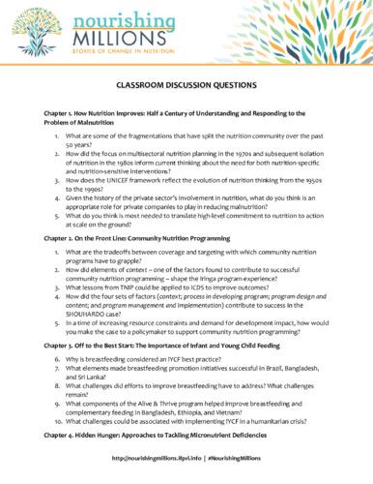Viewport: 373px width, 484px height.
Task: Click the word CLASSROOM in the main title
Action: click(x=140, y=84)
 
